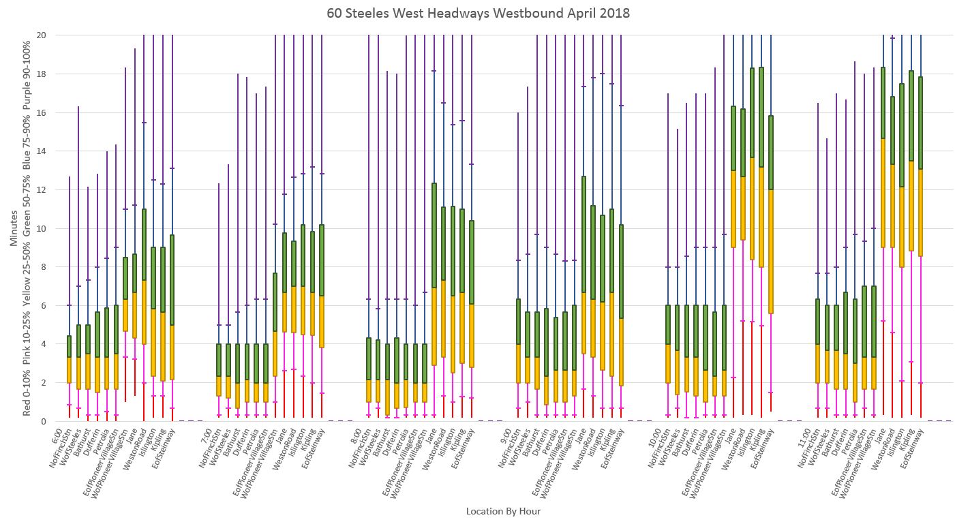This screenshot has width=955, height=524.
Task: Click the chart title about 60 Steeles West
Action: pos(477,13)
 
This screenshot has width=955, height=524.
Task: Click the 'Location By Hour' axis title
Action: pos(504,510)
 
